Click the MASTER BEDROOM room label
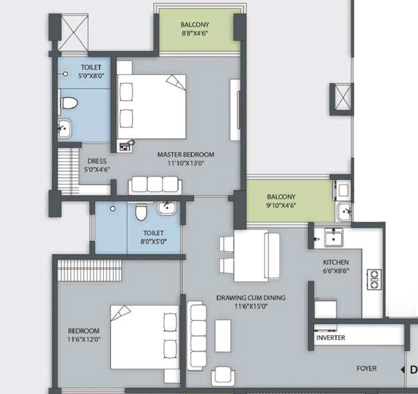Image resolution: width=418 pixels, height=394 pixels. pos(186,154)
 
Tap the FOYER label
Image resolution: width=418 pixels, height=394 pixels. pos(367,369)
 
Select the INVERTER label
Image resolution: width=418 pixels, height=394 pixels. pos(331,338)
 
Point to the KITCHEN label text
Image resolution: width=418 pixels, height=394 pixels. pos(336,262)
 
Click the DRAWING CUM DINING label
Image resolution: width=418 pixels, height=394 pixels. pos(251,298)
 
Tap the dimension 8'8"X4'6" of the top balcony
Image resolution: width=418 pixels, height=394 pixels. pos(195,34)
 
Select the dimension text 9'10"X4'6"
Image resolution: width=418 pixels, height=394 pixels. pos(281,205)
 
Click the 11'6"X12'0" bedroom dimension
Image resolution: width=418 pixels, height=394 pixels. pos(84,340)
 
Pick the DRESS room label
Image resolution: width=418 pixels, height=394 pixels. pos(97,161)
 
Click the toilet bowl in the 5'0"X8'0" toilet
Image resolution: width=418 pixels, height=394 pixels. pos(69,103)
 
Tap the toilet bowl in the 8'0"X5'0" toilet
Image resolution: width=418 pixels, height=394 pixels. pos(141,212)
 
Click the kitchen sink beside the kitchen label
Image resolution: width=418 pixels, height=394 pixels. pos(334,237)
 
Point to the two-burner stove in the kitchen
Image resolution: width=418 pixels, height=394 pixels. pos(374,280)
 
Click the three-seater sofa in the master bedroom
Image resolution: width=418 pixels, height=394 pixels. pos(155,185)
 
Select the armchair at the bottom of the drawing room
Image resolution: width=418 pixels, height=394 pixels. pos(223,376)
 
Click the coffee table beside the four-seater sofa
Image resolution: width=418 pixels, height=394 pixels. pos(223,336)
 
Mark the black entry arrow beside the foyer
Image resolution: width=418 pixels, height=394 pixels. pos(402,370)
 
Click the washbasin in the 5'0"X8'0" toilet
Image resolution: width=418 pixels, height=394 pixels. pos(64,129)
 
